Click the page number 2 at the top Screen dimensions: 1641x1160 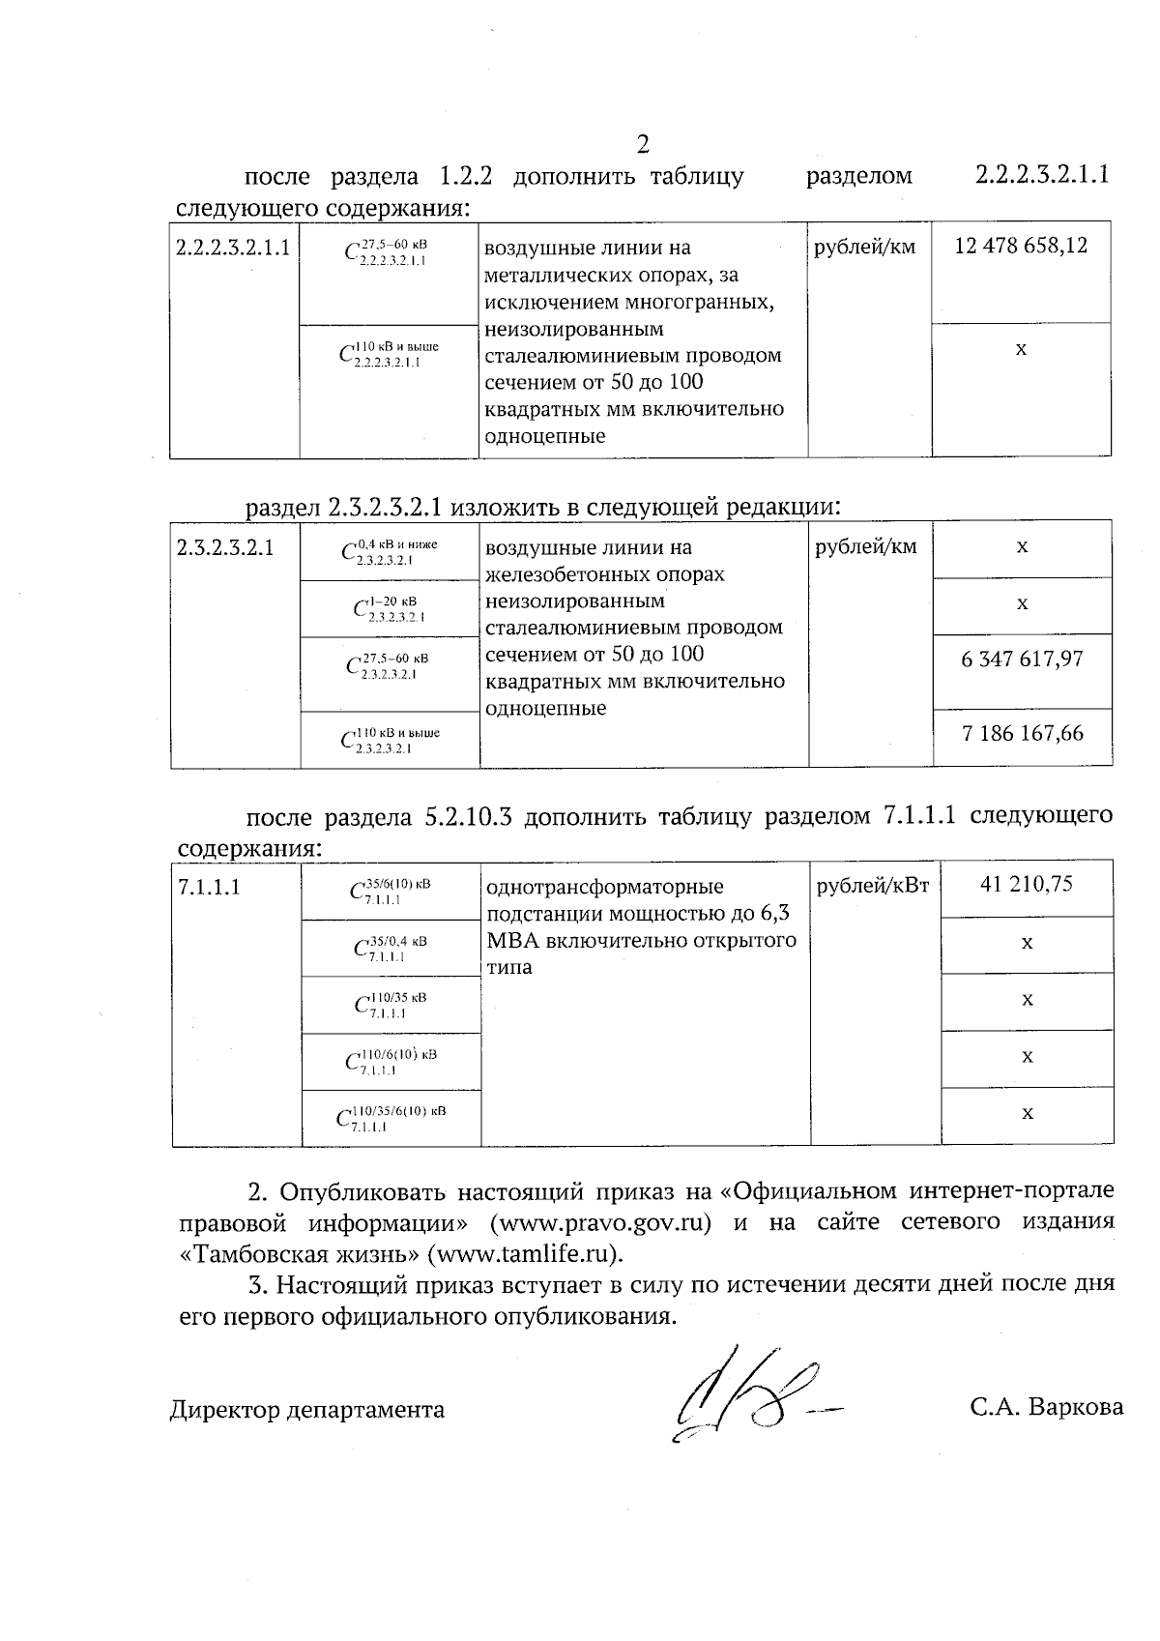point(643,145)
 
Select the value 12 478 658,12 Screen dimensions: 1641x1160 point(1021,246)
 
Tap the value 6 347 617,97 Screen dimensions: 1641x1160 point(1023,659)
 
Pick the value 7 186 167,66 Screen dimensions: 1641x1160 point(1023,733)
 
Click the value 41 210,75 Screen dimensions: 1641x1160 point(1027,884)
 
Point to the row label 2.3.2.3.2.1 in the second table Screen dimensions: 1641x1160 point(225,548)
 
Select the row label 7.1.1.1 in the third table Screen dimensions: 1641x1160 point(209,886)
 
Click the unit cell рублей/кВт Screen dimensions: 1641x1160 point(873,885)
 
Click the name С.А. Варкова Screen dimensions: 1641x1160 point(1047,1407)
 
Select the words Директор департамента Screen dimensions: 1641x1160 point(307,1410)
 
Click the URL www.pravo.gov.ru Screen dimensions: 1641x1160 point(601,1222)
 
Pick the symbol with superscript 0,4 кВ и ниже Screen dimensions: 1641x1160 point(390,551)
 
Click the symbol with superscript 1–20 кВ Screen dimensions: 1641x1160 point(390,608)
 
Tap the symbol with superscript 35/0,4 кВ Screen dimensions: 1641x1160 point(391,948)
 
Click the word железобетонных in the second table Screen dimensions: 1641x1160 point(604,574)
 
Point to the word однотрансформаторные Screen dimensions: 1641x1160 point(604,887)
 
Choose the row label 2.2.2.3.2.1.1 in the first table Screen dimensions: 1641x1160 point(233,247)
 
